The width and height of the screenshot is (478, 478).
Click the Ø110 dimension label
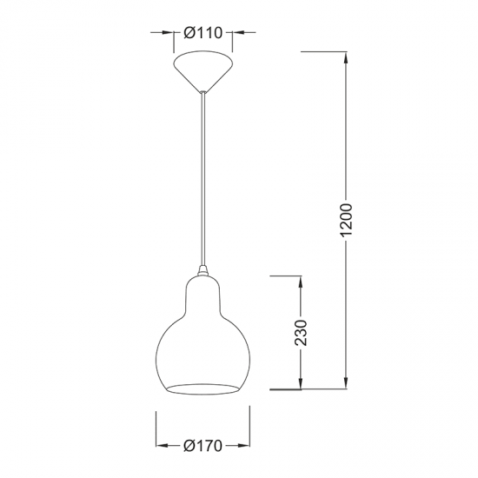click(x=204, y=33)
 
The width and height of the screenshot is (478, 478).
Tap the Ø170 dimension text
click(x=204, y=446)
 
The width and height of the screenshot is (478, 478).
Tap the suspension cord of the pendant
click(x=204, y=174)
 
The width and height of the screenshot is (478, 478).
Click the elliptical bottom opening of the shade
click(x=204, y=384)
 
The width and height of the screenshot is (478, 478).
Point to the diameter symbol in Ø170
click(x=189, y=446)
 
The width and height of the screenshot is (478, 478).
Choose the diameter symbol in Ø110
click(x=189, y=33)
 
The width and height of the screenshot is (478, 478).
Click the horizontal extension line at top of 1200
click(x=326, y=52)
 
